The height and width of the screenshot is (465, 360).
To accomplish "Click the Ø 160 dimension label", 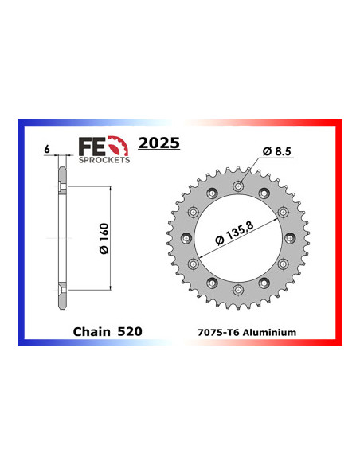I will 93,238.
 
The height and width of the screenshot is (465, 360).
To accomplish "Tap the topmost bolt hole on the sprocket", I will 239,186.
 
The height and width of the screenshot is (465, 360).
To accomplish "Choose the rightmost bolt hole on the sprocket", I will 292,240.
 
